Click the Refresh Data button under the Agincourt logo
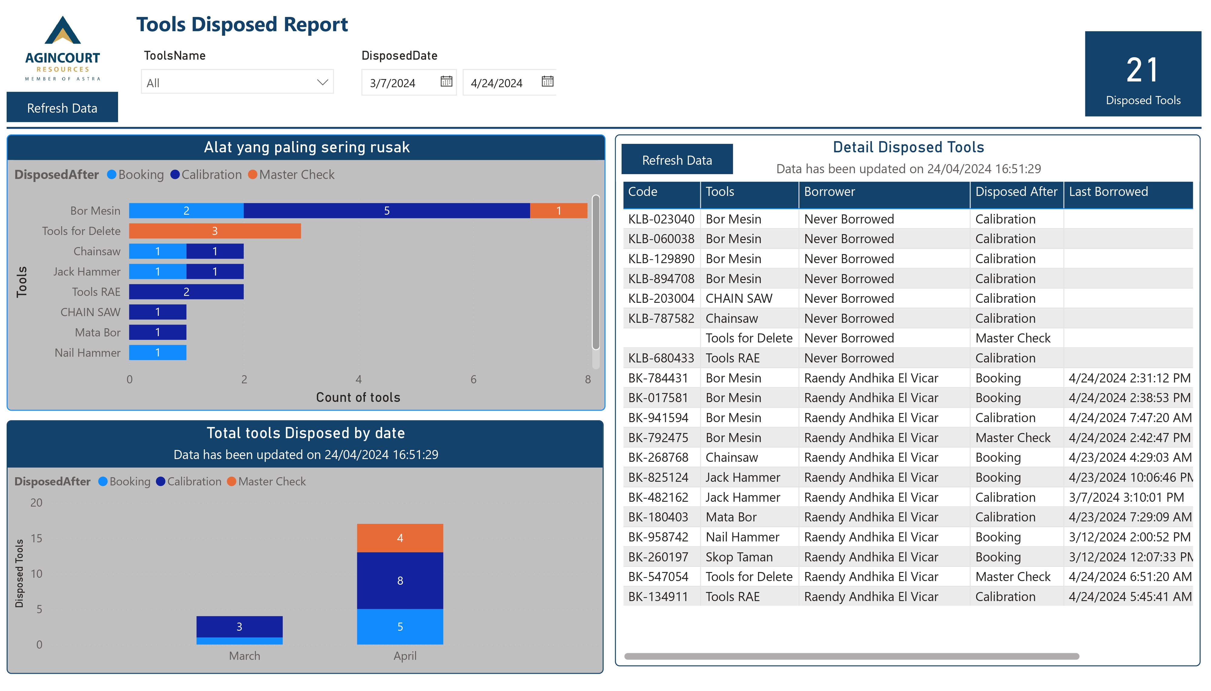coord(62,108)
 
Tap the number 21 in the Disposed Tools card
coord(1142,70)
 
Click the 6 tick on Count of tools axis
coord(473,379)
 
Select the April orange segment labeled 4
coord(400,538)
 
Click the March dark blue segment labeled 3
coord(239,627)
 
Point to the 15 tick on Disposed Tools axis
coord(37,538)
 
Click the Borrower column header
coord(829,192)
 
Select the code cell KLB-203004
coord(661,299)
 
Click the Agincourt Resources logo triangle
coord(62,31)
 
